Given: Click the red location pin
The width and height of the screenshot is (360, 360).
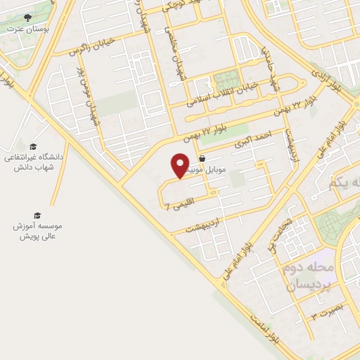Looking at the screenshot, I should [180, 165].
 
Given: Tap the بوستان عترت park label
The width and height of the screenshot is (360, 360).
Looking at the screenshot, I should [27, 29].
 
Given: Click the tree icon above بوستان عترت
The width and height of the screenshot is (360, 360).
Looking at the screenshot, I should [27, 18].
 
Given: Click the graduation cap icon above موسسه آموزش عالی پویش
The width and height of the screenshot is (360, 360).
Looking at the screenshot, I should [37, 215].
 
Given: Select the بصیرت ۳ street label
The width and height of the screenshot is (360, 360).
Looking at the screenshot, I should [326, 312].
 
